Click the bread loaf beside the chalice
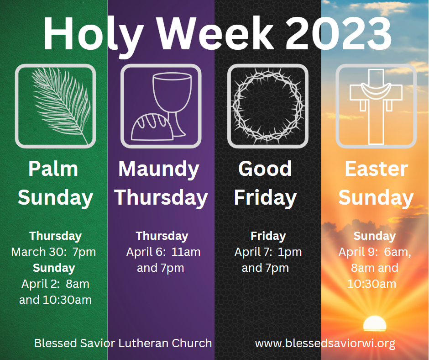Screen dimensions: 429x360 coord(152,127)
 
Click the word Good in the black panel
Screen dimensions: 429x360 coord(265,169)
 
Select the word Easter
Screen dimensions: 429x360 coord(376,169)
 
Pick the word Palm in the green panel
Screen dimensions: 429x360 coord(53,169)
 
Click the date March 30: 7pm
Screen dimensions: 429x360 coord(54,252)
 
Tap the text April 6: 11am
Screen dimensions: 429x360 coord(163,252)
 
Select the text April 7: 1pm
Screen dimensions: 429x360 coord(268,252)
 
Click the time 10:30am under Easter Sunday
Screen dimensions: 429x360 coord(371,284)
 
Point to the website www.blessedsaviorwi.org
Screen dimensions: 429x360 coord(325,344)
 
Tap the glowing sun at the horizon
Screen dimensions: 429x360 coord(375,323)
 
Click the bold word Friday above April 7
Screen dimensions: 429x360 coord(268,236)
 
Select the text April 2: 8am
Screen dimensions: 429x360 coord(55,284)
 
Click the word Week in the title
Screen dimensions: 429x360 coord(216,34)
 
